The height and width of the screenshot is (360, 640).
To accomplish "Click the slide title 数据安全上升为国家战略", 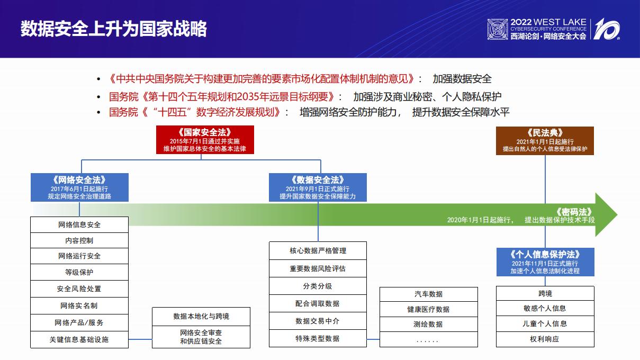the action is coord(113,29).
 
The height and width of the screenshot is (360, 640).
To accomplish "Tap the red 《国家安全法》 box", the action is coord(205,140).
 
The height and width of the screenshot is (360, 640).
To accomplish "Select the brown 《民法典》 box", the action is coord(545,141).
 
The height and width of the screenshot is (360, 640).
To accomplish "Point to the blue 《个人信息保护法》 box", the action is coord(545,262).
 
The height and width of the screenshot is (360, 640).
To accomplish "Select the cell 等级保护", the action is coord(79,273).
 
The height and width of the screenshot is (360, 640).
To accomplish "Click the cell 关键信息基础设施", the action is coord(79,339).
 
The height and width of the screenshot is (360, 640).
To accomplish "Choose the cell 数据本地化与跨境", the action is coord(201,316).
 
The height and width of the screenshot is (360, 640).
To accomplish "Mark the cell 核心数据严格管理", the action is coord(318,251).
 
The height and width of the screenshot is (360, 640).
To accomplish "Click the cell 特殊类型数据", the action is coord(318,338).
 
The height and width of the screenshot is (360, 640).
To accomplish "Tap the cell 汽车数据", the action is coord(428,294).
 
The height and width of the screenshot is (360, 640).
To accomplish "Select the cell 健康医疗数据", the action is coord(428,309).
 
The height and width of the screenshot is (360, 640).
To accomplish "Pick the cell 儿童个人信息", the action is coord(545,323).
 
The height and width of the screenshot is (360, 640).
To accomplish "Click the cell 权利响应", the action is coord(545,339).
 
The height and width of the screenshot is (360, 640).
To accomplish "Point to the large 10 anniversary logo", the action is coord(607,29).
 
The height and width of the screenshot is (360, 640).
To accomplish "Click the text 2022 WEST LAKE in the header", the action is coord(548,22).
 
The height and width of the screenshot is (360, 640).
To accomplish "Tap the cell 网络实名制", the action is coord(79,305).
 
